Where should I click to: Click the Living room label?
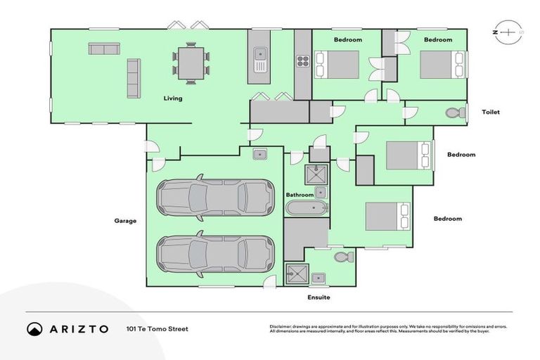(172, 98)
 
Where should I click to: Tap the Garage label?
(125, 220)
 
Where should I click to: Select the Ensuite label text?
(318, 297)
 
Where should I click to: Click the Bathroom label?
(299, 195)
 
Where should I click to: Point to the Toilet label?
(490, 112)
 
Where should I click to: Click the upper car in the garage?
(215, 197)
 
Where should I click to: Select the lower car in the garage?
(215, 253)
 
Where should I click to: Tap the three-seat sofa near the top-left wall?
(103, 49)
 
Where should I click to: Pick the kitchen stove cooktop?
(302, 61)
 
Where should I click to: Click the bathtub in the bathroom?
(306, 208)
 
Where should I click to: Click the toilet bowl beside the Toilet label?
(455, 112)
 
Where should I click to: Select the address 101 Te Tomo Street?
(157, 329)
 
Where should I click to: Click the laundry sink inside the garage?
(258, 154)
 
